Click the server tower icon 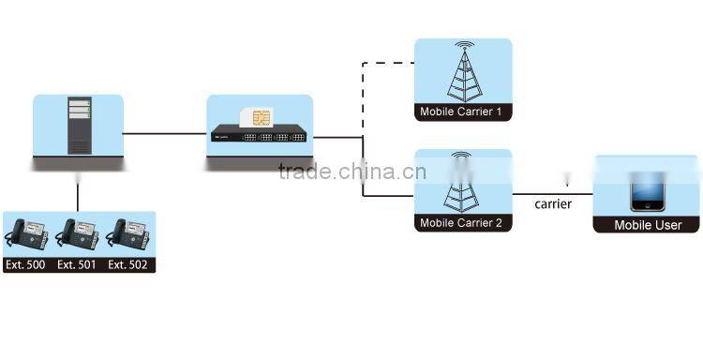click(x=79, y=125)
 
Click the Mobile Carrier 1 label click(x=460, y=112)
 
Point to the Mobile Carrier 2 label click(x=461, y=223)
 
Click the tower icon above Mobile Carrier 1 click(x=462, y=72)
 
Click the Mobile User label click(x=647, y=225)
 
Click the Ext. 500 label click(x=24, y=264)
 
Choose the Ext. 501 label click(x=76, y=264)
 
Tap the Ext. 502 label click(x=127, y=264)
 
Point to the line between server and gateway click(x=164, y=133)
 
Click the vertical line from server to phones click(x=78, y=192)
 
